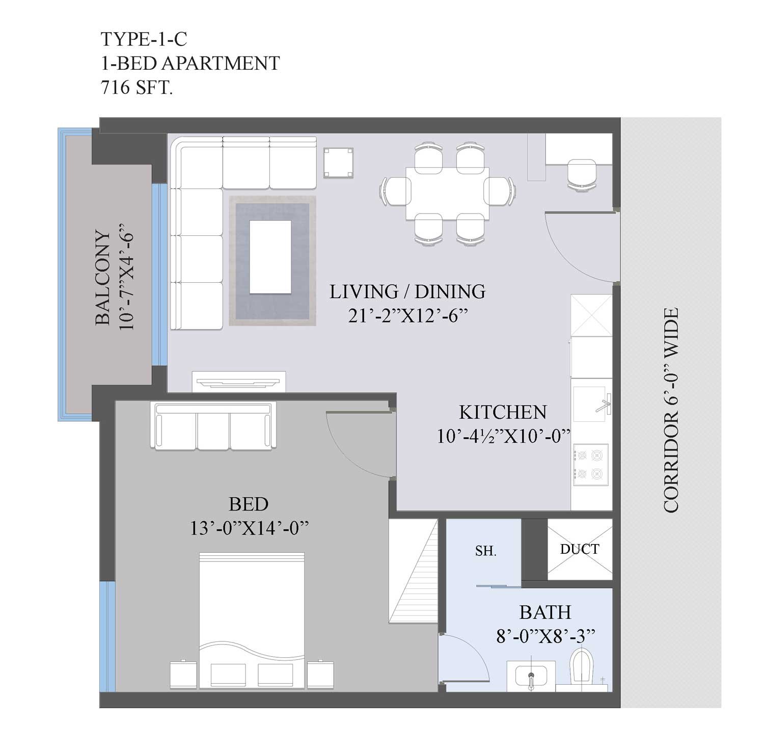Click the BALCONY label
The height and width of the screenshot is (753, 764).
pyautogui.click(x=102, y=278)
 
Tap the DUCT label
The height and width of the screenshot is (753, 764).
pyautogui.click(x=580, y=549)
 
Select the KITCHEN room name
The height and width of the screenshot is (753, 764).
pyautogui.click(x=503, y=412)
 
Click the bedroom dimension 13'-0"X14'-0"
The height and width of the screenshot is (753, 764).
pyautogui.click(x=250, y=528)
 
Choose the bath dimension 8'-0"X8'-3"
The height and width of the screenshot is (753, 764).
pyautogui.click(x=546, y=635)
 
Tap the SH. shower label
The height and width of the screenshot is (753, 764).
pyautogui.click(x=485, y=551)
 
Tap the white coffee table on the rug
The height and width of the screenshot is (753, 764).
pyautogui.click(x=270, y=257)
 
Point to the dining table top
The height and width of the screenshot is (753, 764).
pyautogui.click(x=447, y=193)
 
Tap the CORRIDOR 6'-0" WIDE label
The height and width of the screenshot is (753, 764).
pyautogui.click(x=671, y=410)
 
